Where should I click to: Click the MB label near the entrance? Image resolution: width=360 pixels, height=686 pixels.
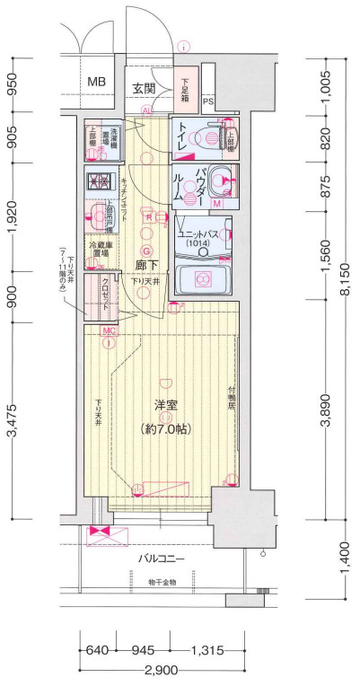tap(96, 84)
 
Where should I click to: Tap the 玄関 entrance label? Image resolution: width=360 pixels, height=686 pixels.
tap(145, 88)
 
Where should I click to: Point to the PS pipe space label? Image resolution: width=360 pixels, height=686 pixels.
tap(206, 101)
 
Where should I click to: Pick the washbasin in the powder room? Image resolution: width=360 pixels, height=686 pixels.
tap(218, 179)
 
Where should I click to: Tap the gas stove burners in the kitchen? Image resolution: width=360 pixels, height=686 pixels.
tap(97, 180)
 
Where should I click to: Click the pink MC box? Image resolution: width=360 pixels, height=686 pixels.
tap(109, 330)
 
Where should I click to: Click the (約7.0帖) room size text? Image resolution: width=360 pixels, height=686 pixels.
tap(166, 429)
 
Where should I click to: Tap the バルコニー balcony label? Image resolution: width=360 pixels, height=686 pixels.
tap(161, 558)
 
